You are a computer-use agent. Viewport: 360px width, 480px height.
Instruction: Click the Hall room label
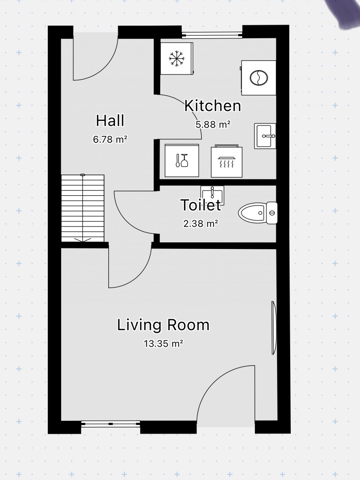pyautogui.click(x=110, y=121)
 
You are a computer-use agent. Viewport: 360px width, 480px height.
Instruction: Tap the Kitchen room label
pyautogui.click(x=213, y=105)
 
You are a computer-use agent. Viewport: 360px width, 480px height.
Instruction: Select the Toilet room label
pyautogui.click(x=201, y=205)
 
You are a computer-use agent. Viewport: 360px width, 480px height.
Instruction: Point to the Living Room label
pyautogui.click(x=163, y=325)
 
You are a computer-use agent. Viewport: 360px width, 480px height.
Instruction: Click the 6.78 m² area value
pyautogui.click(x=110, y=140)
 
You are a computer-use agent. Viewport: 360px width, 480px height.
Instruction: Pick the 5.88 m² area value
pyautogui.click(x=213, y=124)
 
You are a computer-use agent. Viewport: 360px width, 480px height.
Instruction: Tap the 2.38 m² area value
pyautogui.click(x=201, y=223)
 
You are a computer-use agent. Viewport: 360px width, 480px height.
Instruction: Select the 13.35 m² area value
pyautogui.click(x=163, y=344)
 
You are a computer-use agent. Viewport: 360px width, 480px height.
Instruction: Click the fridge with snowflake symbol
pyautogui.click(x=177, y=58)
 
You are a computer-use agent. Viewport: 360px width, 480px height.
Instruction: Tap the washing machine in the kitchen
pyautogui.click(x=258, y=78)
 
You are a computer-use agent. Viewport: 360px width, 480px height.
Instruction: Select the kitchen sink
pyautogui.click(x=265, y=136)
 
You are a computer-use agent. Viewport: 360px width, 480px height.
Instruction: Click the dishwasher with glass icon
pyautogui.click(x=182, y=160)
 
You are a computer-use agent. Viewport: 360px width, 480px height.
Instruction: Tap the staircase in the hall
pyautogui.click(x=83, y=208)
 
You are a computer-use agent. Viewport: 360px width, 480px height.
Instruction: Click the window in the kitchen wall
pyautogui.click(x=212, y=34)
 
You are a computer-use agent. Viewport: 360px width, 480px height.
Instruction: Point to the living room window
pyautogui.click(x=110, y=424)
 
